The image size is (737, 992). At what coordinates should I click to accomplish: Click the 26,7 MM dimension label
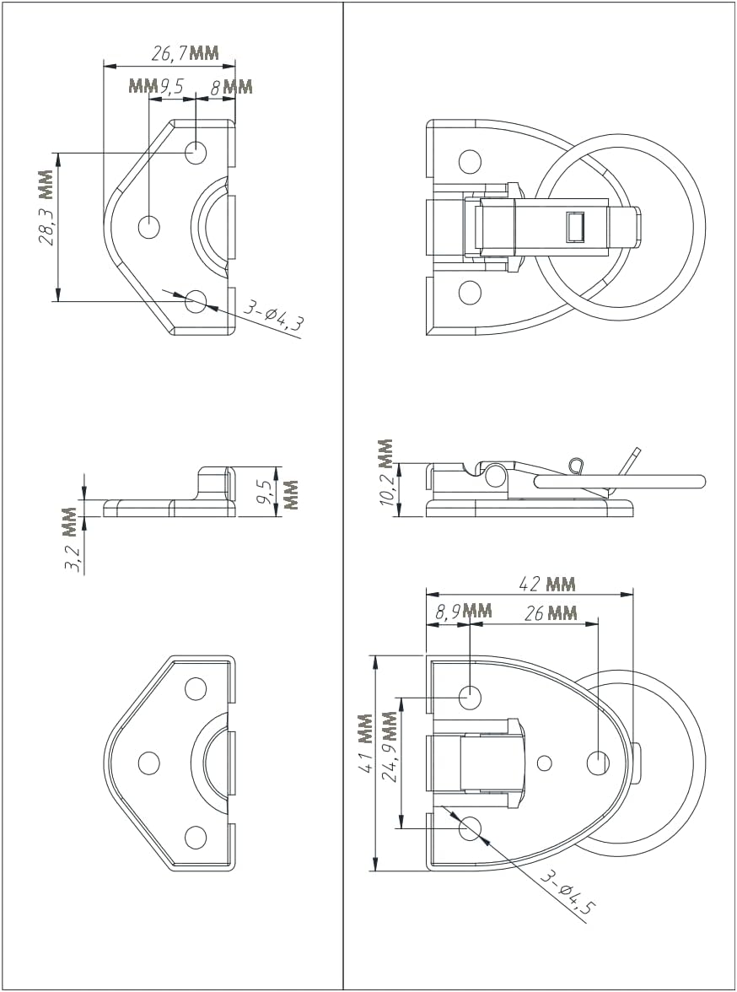coord(185,55)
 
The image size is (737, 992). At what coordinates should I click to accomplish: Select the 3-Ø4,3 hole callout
coord(272,318)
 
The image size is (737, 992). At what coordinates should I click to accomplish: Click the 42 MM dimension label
coord(548,584)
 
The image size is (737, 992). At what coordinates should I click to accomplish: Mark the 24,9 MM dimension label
coord(389,747)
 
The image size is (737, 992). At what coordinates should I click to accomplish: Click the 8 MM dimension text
coord(231,86)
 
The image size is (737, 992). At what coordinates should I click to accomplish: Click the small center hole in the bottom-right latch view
coord(545,763)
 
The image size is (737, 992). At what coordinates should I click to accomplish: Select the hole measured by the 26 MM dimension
coord(598,763)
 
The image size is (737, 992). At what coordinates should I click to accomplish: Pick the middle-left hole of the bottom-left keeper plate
coord(149,763)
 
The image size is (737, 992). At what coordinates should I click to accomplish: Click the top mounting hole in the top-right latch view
coord(470,162)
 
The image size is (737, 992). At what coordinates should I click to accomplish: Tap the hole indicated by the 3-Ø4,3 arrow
coord(196,300)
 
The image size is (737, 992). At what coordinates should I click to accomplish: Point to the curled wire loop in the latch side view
coord(576,465)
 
